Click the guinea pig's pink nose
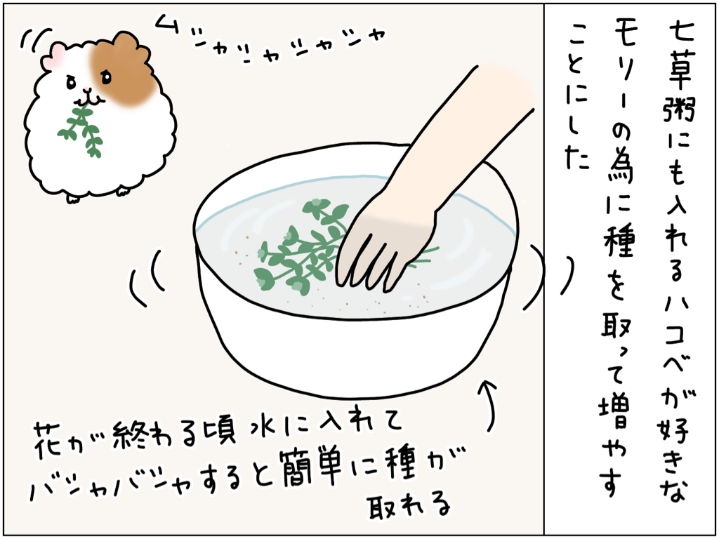86,89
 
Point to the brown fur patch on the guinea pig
123,69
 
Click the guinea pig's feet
97,194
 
